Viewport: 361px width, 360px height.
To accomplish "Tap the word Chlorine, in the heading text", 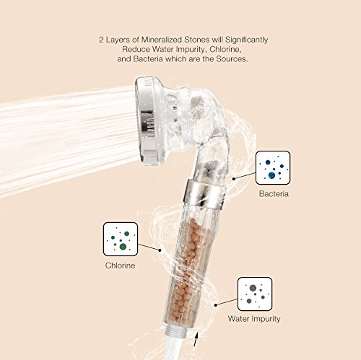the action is [x=225, y=49].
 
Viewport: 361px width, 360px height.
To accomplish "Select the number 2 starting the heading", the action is [x=101, y=40].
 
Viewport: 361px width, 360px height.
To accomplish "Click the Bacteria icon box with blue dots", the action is [x=273, y=168].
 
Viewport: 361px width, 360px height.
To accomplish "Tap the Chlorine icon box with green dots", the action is [x=121, y=239].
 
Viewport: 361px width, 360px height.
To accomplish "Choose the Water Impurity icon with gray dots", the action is [x=255, y=294].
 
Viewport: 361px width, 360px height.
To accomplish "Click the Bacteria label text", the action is [x=274, y=194].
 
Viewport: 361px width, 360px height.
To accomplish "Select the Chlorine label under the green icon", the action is [x=120, y=265].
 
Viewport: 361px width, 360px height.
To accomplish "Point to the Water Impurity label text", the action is [x=254, y=319].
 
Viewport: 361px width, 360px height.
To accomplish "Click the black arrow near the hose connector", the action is [x=196, y=339].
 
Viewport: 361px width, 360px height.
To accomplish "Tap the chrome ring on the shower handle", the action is [x=204, y=193].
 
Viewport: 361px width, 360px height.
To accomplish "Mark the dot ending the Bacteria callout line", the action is [x=233, y=179].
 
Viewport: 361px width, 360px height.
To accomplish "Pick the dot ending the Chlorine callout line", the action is [x=160, y=250].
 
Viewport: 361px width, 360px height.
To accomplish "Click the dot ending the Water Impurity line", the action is [x=216, y=305].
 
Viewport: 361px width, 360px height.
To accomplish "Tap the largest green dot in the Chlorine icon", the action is [x=123, y=247].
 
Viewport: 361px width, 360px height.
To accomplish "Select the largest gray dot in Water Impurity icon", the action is [x=253, y=288].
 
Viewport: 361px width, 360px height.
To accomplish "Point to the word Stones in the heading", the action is [x=197, y=40].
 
